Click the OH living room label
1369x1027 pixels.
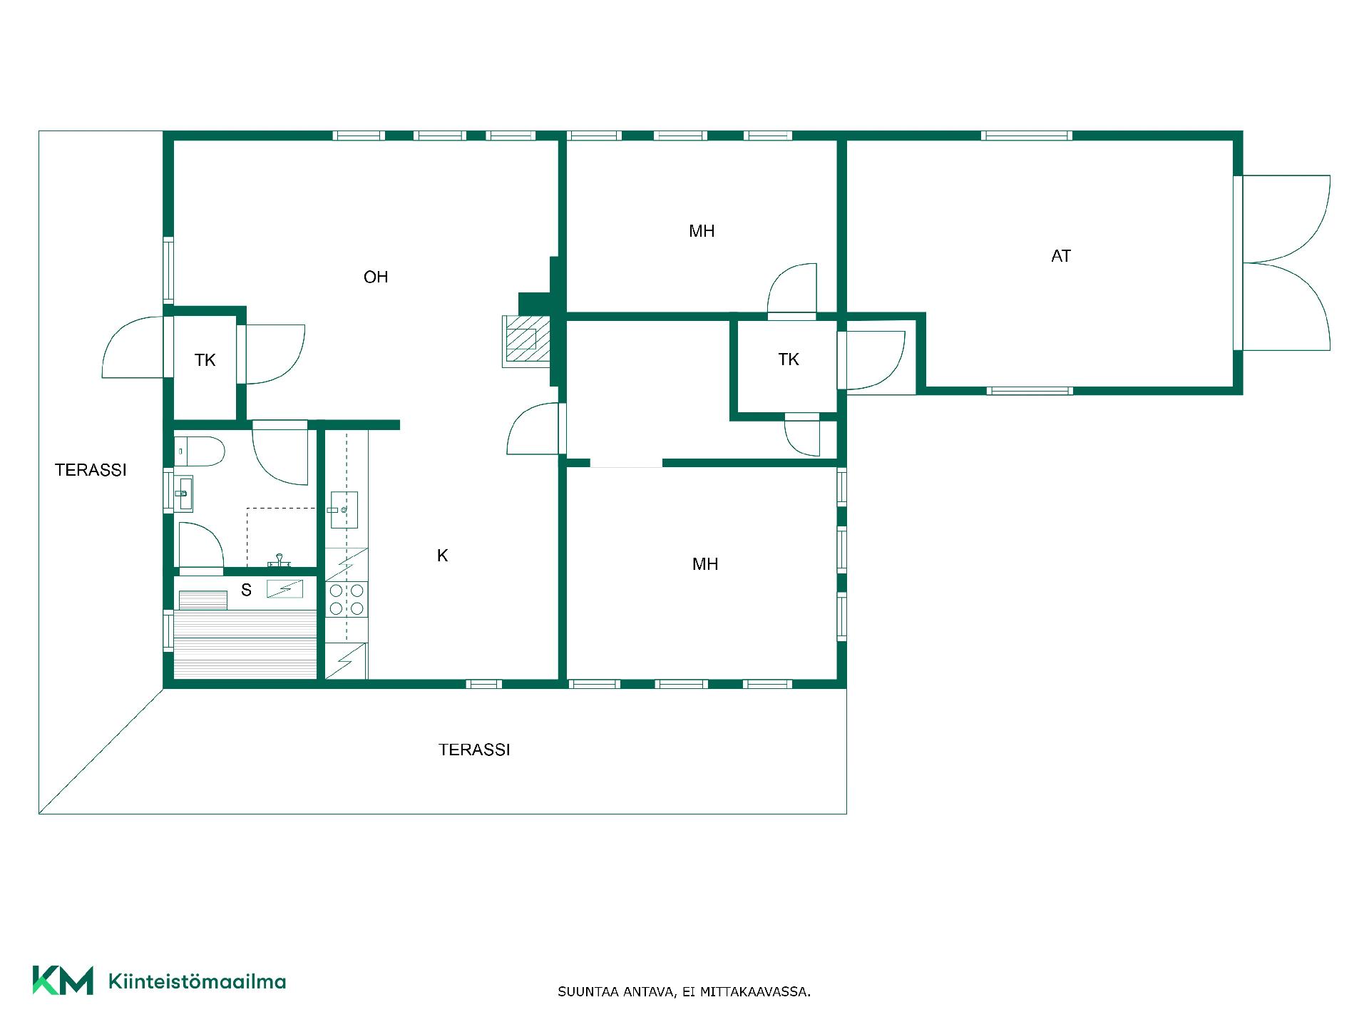[x=376, y=277]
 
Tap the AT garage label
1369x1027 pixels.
[x=1061, y=256]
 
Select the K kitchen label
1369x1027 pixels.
[x=442, y=556]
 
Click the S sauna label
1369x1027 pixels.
[x=246, y=590]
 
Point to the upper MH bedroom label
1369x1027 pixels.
[x=702, y=231]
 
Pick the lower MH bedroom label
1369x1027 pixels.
[x=705, y=564]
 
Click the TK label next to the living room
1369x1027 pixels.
[x=205, y=360]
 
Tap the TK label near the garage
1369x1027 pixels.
[x=789, y=359]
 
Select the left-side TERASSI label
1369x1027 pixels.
[x=91, y=470]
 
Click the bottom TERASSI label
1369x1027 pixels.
[x=474, y=750]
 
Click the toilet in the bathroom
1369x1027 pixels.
[x=200, y=451]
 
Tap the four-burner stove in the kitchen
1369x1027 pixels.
[x=347, y=599]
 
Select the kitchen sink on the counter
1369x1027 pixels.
[x=344, y=510]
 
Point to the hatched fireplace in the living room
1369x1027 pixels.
[x=528, y=341]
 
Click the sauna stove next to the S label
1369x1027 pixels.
[x=284, y=589]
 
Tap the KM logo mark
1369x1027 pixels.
[x=63, y=980]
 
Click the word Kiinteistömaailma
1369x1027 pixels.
[x=197, y=981]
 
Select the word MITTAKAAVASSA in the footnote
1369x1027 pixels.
[x=755, y=992]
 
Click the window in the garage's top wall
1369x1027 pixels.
[x=1027, y=136]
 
